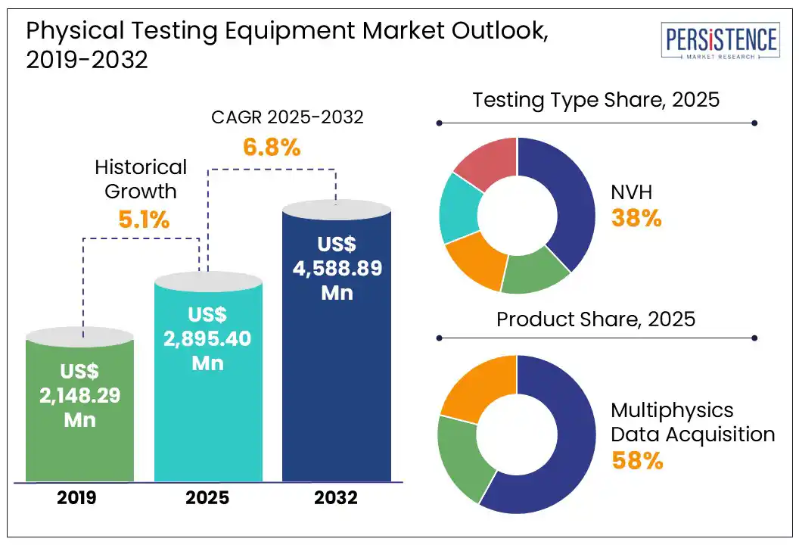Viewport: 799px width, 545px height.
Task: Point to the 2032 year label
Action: point(337,498)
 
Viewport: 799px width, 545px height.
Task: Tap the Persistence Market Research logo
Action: point(719,42)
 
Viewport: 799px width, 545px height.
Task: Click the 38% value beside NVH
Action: point(636,219)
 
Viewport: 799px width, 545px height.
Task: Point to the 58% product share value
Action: point(637,460)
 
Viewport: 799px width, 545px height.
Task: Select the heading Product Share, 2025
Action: point(595,319)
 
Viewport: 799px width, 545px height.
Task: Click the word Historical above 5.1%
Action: point(141,167)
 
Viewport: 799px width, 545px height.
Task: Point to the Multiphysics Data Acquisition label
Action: point(692,422)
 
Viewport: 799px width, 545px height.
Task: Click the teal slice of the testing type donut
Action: point(459,208)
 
